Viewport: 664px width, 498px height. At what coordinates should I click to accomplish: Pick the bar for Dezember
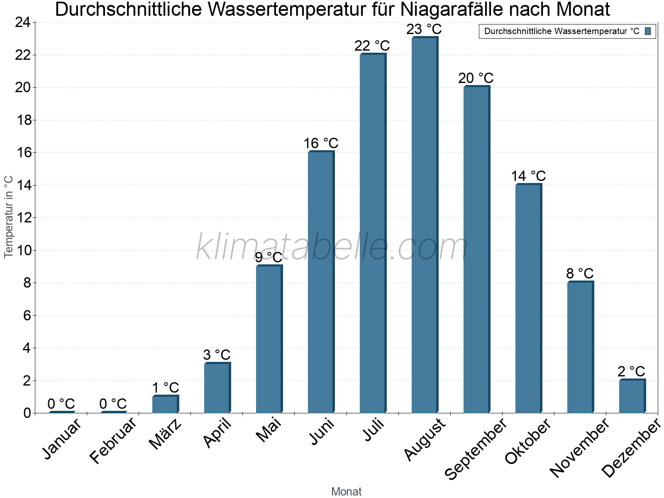click(x=632, y=396)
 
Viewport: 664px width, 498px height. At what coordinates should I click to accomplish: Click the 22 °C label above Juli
click(x=372, y=46)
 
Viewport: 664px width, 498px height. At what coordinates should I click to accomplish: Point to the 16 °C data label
click(x=321, y=144)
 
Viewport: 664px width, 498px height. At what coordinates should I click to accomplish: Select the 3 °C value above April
click(x=217, y=355)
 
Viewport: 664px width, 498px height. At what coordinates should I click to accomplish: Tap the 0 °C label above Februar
click(x=113, y=404)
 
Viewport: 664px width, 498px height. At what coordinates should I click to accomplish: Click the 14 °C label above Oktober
click(x=528, y=176)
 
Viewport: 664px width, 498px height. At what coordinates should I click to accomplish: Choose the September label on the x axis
click(x=476, y=449)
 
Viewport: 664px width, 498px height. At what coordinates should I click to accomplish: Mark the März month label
click(x=165, y=434)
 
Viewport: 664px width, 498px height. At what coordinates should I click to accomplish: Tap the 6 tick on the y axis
click(x=27, y=316)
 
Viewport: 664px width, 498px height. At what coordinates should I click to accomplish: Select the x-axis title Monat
click(x=346, y=491)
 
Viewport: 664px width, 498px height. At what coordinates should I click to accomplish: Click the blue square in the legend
click(x=648, y=31)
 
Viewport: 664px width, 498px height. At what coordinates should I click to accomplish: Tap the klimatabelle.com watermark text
click(x=332, y=247)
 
